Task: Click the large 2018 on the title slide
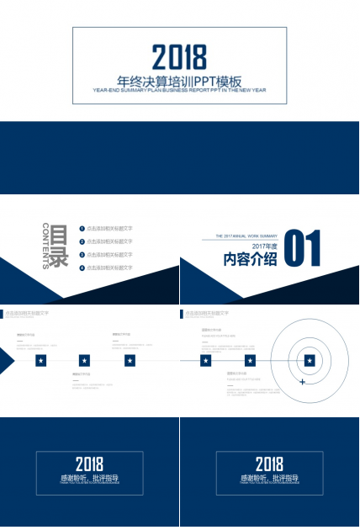(179, 56)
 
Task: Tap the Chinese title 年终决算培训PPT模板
(179, 82)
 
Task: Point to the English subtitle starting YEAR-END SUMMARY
(179, 90)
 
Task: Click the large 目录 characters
(58, 246)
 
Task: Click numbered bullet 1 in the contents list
(82, 229)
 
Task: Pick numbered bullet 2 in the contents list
(82, 241)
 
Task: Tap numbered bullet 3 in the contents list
(82, 254)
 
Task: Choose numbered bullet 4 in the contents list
(82, 268)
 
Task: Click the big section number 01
(304, 251)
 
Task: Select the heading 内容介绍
(250, 260)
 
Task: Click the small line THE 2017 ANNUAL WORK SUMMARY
(246, 236)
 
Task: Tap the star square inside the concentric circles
(310, 361)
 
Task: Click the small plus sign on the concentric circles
(302, 382)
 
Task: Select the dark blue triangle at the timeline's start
(6, 361)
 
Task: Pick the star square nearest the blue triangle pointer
(40, 361)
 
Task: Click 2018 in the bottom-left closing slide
(89, 464)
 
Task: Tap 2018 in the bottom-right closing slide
(269, 464)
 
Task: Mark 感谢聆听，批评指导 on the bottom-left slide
(89, 478)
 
